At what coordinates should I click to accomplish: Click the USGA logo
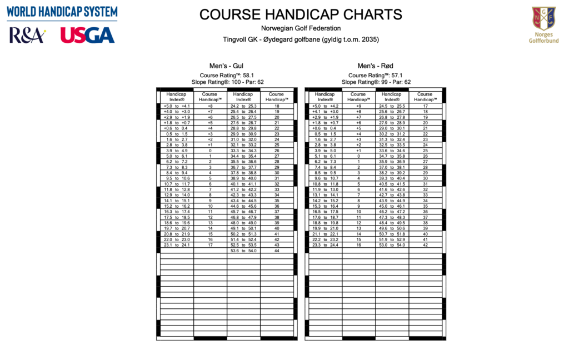pyautogui.click(x=87, y=35)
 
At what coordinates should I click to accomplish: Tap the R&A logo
pyautogui.click(x=27, y=35)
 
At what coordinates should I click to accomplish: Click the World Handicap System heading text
pyautogui.click(x=62, y=12)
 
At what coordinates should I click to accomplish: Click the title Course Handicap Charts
pyautogui.click(x=301, y=15)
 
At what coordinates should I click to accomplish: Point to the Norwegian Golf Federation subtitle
pyautogui.click(x=301, y=28)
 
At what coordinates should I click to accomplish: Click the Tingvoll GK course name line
pyautogui.click(x=301, y=39)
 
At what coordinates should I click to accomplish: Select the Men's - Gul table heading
pyautogui.click(x=226, y=66)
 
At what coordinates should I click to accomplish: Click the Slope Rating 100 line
pyautogui.click(x=226, y=82)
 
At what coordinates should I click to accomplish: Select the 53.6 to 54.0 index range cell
pyautogui.click(x=243, y=251)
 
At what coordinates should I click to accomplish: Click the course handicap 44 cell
pyautogui.click(x=276, y=251)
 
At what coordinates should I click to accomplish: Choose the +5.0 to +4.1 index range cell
pyautogui.click(x=177, y=106)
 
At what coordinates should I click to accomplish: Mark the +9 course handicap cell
pyautogui.click(x=358, y=106)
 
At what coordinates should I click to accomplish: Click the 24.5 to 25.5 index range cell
pyautogui.click(x=392, y=106)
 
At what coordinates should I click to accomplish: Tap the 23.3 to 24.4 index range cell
pyautogui.click(x=326, y=244)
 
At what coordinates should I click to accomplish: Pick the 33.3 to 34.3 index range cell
pyautogui.click(x=243, y=150)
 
